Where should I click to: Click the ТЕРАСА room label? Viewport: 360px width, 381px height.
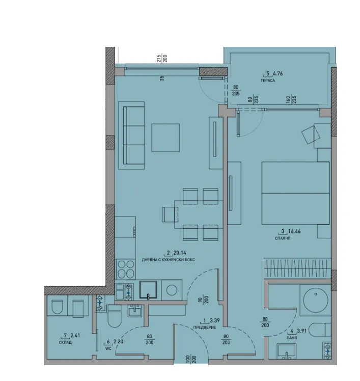[x=268, y=80]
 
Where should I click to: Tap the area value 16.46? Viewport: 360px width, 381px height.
[x=294, y=231]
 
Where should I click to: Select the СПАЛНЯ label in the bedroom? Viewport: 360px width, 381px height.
[x=283, y=238]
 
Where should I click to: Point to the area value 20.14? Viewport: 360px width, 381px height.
[x=180, y=253]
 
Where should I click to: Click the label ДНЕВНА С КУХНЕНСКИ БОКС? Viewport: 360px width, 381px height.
[x=169, y=260]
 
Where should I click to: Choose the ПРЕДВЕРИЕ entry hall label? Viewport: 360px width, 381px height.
[x=205, y=328]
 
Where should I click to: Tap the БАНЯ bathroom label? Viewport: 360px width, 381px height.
[x=292, y=338]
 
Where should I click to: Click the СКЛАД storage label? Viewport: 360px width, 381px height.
[x=65, y=342]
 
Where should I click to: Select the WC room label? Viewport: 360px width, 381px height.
[x=108, y=349]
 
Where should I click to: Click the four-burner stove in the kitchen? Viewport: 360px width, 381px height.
[x=126, y=269]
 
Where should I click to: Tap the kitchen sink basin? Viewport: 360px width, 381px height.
[x=148, y=290]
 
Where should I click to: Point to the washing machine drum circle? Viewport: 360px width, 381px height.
[x=172, y=290]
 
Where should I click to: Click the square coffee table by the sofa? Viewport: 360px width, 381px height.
[x=165, y=138]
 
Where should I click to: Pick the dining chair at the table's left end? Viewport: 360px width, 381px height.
[x=170, y=214]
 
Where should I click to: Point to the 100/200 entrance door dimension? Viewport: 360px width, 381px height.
[x=191, y=359]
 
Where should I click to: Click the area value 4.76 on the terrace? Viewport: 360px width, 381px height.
[x=278, y=73]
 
